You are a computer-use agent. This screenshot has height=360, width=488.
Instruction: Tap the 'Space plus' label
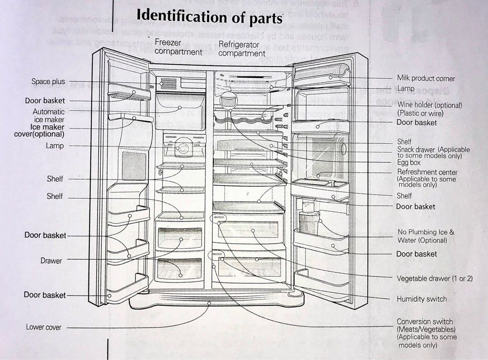point(48,82)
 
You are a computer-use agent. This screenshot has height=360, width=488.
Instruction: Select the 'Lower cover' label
point(43,327)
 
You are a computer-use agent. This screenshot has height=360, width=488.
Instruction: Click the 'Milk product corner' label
point(426,79)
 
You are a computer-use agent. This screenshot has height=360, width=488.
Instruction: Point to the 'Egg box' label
point(408,162)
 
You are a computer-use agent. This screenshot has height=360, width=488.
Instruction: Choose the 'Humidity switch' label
point(421,299)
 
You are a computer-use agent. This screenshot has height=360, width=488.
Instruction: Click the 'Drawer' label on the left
point(51,261)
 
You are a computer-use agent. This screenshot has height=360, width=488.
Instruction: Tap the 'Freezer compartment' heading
point(178,47)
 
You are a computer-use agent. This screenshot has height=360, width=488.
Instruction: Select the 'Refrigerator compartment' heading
point(241,49)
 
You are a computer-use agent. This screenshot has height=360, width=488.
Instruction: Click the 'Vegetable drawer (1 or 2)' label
point(434,279)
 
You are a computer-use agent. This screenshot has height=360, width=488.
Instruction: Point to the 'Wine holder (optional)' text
point(429,105)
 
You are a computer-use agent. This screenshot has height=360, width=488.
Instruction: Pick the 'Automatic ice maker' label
point(48,115)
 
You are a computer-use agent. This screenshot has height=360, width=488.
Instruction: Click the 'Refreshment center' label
point(427,172)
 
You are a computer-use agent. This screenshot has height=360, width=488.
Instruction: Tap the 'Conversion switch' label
point(424,322)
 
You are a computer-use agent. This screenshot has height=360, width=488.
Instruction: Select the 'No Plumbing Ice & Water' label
point(426,236)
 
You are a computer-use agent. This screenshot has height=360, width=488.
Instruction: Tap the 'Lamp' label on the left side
point(55,146)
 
